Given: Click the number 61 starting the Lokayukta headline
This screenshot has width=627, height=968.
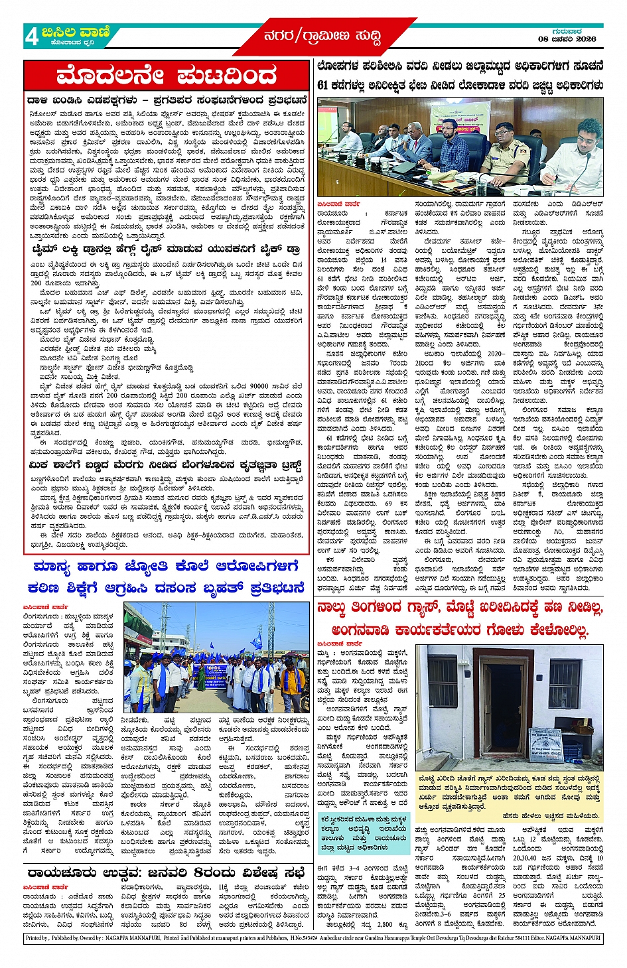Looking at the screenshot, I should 323,85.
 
